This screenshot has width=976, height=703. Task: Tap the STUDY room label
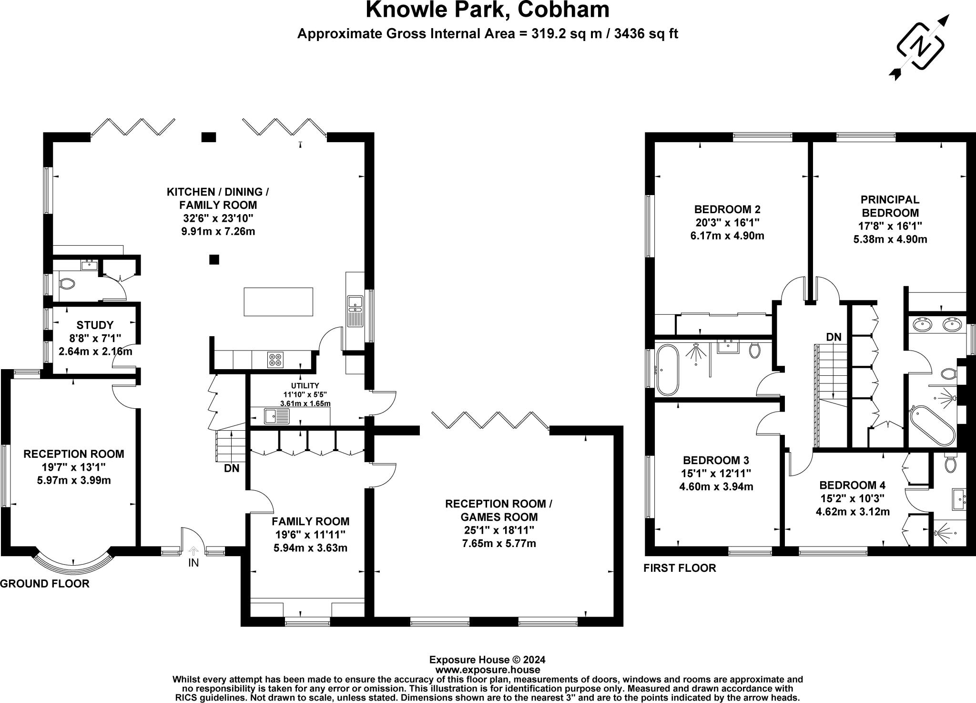pos(95,325)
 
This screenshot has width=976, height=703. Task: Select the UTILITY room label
pos(305,385)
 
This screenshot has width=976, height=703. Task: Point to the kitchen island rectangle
pos(278,302)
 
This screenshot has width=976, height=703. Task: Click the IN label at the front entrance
pos(193,563)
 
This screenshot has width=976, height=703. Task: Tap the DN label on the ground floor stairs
pos(232,468)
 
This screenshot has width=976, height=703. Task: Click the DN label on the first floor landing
pos(834,337)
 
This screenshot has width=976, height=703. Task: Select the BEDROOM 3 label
pos(716,460)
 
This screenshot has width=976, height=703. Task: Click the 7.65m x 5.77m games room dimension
pos(499,543)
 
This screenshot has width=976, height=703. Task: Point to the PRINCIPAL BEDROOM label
pos(890,206)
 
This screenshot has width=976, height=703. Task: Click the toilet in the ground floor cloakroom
pos(67,284)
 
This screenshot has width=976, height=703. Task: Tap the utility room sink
pos(277,416)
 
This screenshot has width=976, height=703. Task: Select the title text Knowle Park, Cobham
pos(488,10)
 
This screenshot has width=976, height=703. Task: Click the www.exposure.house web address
pos(488,670)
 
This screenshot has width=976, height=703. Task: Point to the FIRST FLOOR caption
pos(680,568)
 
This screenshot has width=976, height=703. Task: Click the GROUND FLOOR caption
pos(45,584)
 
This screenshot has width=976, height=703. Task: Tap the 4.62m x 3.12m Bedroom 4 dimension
pos(853,512)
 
